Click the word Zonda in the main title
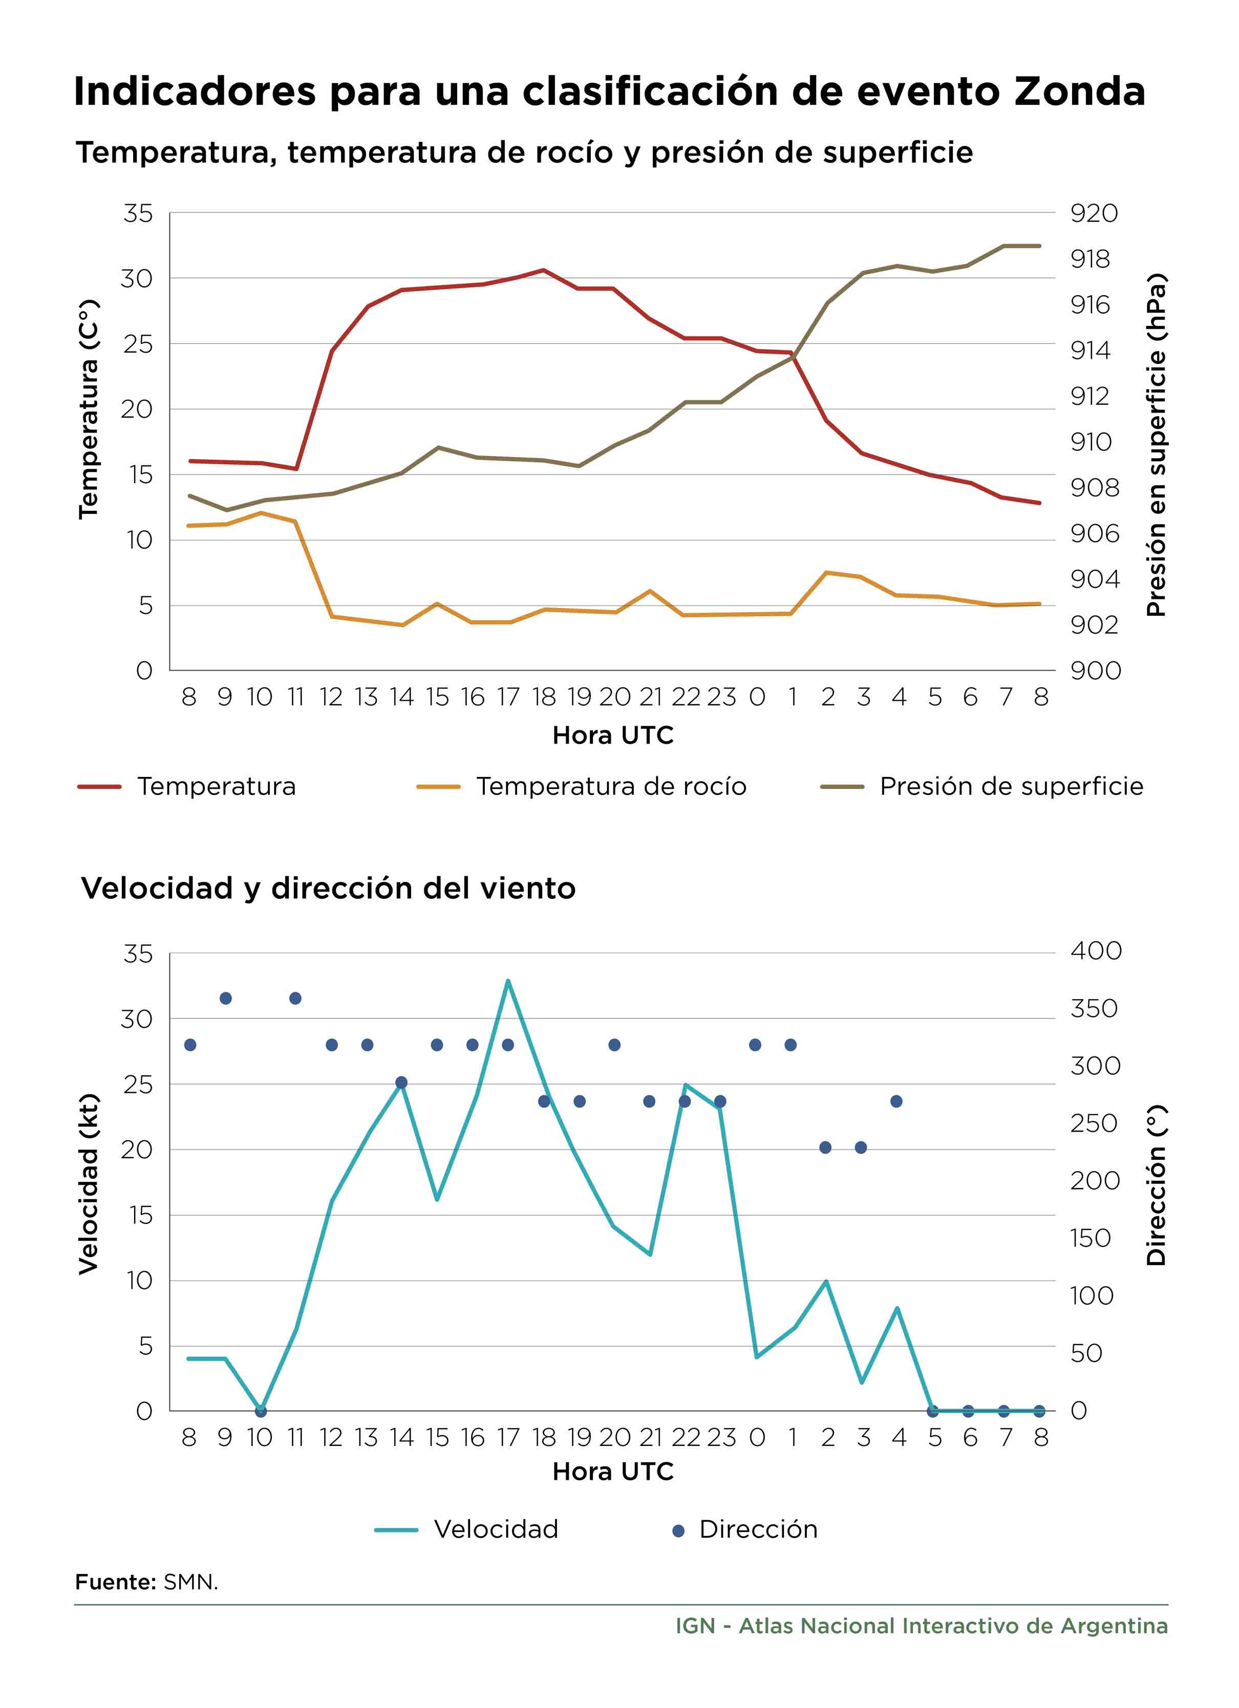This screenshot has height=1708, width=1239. point(1079,91)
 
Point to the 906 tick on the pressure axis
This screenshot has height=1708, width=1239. point(1095,533)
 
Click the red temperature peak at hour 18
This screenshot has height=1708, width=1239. point(543,270)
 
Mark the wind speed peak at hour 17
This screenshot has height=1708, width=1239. point(508,981)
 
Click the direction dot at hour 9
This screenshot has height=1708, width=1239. point(225,999)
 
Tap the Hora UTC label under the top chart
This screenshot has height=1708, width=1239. point(613,735)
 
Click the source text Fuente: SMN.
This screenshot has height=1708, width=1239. point(146,1582)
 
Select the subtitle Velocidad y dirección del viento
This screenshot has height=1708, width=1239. point(328,889)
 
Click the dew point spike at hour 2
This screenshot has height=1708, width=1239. point(826,572)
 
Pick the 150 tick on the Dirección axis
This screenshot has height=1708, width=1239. point(1091,1238)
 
